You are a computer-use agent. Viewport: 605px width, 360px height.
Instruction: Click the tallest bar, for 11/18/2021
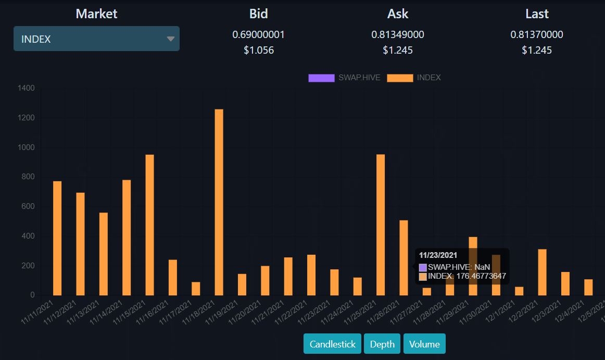[x=219, y=202]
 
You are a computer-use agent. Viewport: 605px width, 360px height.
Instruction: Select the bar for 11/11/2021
[x=57, y=238]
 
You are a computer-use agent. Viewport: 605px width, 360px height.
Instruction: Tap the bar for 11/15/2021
[x=150, y=225]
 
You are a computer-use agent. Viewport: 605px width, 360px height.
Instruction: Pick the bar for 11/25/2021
[x=381, y=225]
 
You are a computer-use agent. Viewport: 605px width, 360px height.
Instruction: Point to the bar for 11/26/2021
[x=404, y=258]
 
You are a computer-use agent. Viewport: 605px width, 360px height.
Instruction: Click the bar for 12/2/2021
[x=542, y=272]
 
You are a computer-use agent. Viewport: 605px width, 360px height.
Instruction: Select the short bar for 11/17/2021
[x=196, y=289]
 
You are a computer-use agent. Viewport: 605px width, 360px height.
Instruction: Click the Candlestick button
[x=332, y=344]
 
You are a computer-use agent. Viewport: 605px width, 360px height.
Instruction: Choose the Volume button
[x=424, y=344]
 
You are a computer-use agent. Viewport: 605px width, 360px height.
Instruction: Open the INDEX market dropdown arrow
[x=171, y=39]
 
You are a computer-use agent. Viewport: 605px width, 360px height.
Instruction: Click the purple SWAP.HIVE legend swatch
[x=321, y=78]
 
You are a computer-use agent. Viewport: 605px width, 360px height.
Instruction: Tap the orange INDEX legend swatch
[x=400, y=78]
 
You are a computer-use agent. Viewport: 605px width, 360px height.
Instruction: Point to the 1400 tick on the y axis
[x=26, y=88]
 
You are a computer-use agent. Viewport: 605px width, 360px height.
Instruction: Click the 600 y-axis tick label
[x=28, y=206]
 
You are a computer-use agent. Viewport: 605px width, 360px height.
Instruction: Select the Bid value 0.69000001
[x=259, y=34]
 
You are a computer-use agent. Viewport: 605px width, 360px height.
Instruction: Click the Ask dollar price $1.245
[x=398, y=50]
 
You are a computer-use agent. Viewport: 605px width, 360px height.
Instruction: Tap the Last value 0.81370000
[x=537, y=34]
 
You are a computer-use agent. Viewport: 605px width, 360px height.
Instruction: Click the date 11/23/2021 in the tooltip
[x=438, y=255]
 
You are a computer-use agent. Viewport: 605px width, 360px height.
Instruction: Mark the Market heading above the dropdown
[x=96, y=14]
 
